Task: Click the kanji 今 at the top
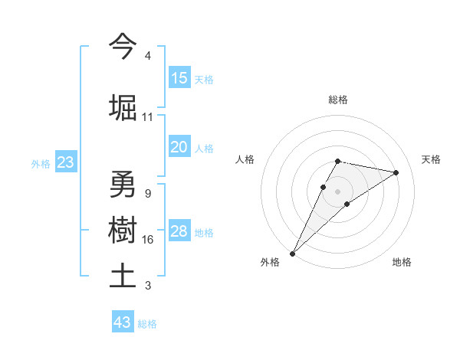[x=123, y=47]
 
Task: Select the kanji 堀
[x=123, y=107]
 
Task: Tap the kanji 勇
[x=123, y=185]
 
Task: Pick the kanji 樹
[x=123, y=231]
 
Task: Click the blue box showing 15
[x=179, y=78]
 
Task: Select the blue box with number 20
[x=179, y=147]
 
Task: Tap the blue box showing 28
[x=179, y=231]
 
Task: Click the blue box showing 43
[x=123, y=322]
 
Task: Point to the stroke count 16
[x=148, y=240]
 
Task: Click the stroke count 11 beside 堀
[x=148, y=117]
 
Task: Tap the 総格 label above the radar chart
[x=338, y=100]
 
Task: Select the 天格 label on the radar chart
[x=432, y=159]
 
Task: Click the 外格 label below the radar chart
[x=270, y=262]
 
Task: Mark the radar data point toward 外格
[x=292, y=253]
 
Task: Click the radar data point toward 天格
[x=396, y=172]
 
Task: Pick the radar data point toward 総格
[x=338, y=161]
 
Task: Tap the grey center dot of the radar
[x=338, y=191]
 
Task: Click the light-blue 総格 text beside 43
[x=147, y=323]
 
